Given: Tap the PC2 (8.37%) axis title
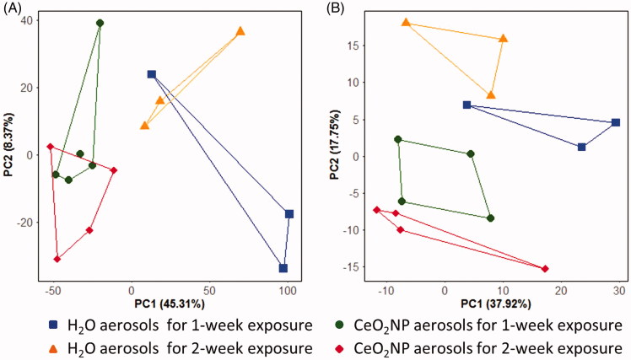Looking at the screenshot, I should click(x=8, y=147).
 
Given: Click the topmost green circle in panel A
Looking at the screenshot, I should click(x=100, y=23).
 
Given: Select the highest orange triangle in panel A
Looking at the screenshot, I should click(x=240, y=31).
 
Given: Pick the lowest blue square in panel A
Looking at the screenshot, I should click(x=283, y=268).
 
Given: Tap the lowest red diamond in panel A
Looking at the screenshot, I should click(x=57, y=259).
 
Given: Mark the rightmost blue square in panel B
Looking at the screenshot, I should click(x=616, y=122).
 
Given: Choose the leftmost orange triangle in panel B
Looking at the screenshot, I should click(x=406, y=23).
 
